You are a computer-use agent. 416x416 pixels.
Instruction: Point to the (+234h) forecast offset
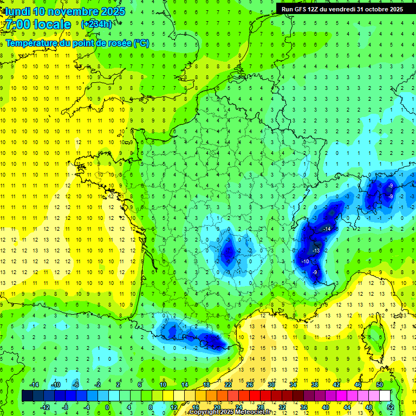[97, 24]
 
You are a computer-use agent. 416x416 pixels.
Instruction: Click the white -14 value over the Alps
[327, 230]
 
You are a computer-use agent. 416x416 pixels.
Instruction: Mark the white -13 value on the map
[316, 251]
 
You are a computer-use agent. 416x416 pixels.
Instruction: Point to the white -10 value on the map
[305, 262]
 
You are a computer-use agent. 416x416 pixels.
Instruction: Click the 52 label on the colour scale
[391, 407]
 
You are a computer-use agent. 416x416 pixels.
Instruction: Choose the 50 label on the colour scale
[380, 385]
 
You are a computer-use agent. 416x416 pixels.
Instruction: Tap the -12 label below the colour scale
[45, 407]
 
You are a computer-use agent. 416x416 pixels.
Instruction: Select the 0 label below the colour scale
[107, 407]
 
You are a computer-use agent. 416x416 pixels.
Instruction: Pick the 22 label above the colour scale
[228, 385]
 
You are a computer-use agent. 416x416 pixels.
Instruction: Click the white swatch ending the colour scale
[385, 396]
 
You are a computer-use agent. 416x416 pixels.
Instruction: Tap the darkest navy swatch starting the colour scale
[27, 396]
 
